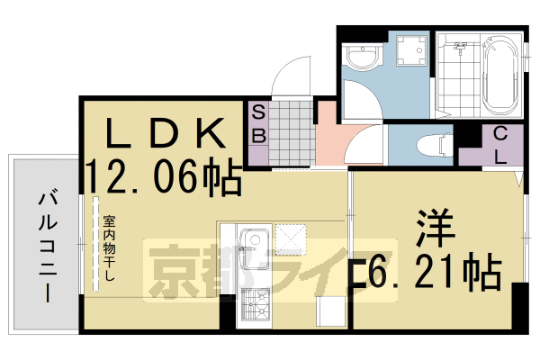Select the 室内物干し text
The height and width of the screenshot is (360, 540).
pos(108,247)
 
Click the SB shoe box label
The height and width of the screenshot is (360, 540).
pos(258,126)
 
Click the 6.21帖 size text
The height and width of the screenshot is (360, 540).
pos(432,270)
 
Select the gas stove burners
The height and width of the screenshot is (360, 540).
pos(252,307)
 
